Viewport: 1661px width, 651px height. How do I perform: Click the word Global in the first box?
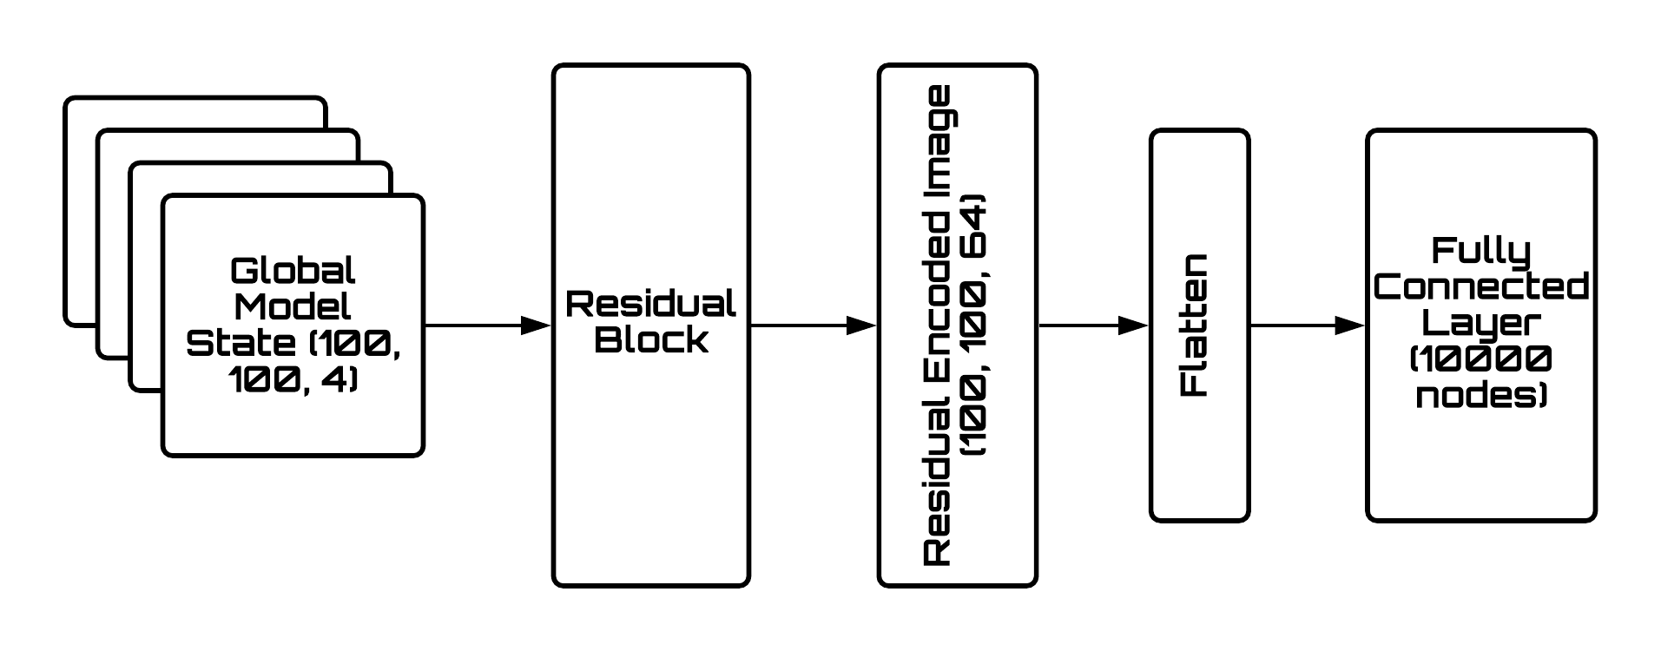click(293, 272)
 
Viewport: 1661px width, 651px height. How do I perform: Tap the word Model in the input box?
click(293, 307)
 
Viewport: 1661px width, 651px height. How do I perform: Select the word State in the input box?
click(227, 344)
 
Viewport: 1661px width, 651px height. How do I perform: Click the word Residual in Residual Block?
click(650, 305)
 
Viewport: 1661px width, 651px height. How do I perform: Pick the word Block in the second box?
click(650, 339)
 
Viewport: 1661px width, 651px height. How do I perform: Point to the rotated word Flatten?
click(1196, 325)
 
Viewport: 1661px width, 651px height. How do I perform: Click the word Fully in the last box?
click(1480, 252)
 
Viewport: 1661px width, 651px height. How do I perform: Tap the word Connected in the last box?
click(1480, 287)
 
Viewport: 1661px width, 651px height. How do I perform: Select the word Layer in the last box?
click(1480, 323)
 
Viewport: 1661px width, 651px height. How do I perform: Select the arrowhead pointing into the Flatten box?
click(1133, 326)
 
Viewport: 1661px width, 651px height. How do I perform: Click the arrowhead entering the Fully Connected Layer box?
click(1349, 326)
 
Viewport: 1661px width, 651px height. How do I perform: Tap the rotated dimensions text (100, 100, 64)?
click(975, 325)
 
